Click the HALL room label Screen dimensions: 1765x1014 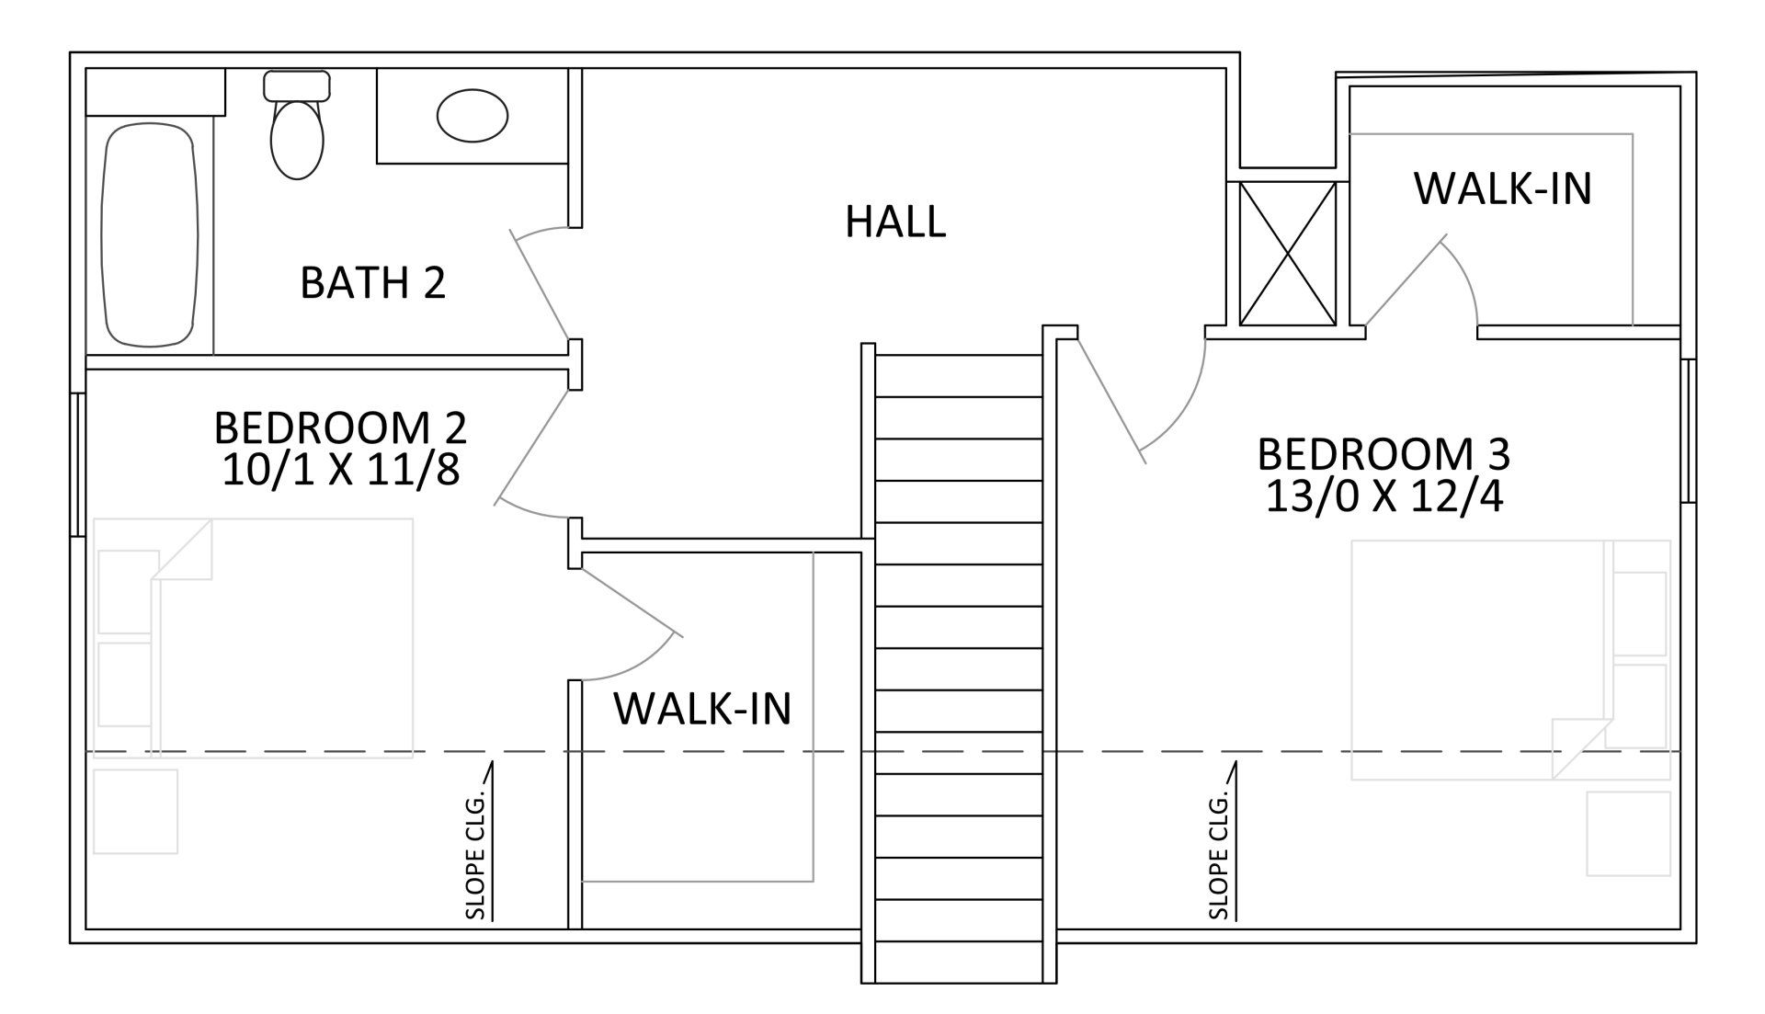(895, 222)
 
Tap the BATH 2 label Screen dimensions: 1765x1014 (372, 282)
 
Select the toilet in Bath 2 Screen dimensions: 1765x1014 (297, 125)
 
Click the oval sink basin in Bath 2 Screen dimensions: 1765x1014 (473, 115)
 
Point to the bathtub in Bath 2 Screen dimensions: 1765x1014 (150, 234)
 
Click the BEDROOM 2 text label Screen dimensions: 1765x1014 (340, 427)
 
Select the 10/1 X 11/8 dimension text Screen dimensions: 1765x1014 (340, 470)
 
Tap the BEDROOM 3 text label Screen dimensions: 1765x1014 (1384, 454)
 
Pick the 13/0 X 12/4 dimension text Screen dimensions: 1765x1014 (1384, 496)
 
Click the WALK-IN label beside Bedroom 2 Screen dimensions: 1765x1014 (702, 709)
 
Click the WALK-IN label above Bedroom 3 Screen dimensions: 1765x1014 (1503, 188)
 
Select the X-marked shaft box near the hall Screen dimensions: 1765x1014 (1287, 254)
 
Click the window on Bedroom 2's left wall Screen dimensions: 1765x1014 (78, 464)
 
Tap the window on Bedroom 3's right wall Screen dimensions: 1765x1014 (1689, 430)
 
